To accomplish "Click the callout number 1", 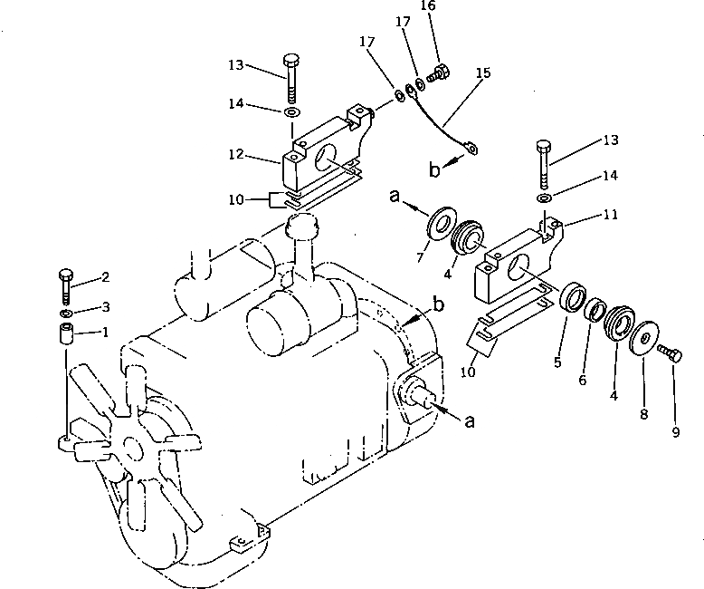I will (x=105, y=332).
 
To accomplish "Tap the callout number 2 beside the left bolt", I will (x=105, y=277).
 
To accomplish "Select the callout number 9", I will (x=675, y=432).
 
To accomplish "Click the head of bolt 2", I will (x=65, y=275).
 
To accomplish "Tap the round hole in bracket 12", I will (x=322, y=155).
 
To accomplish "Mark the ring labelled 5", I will (x=572, y=298).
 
